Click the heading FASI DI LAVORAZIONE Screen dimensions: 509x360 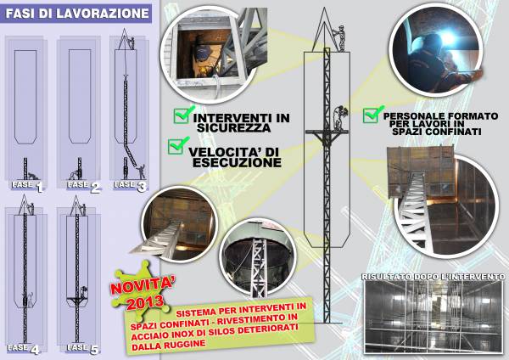point(77,14)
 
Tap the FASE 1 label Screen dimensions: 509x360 point(27,186)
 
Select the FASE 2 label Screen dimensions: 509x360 point(84,186)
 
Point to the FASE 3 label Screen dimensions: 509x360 point(131,186)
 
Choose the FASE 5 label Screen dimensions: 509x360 point(82,348)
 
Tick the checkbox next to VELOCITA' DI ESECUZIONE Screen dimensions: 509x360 point(178,145)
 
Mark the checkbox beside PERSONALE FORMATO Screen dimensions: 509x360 point(372,114)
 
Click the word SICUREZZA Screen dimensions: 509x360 point(234,127)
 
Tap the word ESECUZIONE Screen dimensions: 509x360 point(237,162)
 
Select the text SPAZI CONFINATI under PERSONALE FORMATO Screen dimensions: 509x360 point(437,132)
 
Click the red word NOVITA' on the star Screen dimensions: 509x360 point(143,285)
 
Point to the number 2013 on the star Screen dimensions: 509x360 point(145,302)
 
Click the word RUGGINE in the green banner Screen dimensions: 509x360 point(186,344)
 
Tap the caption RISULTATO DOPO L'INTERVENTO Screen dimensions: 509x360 point(433,277)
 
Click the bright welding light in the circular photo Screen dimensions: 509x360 point(448,39)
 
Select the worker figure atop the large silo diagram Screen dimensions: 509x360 point(340,37)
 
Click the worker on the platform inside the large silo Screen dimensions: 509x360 point(340,118)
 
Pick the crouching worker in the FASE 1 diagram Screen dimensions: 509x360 point(33,176)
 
